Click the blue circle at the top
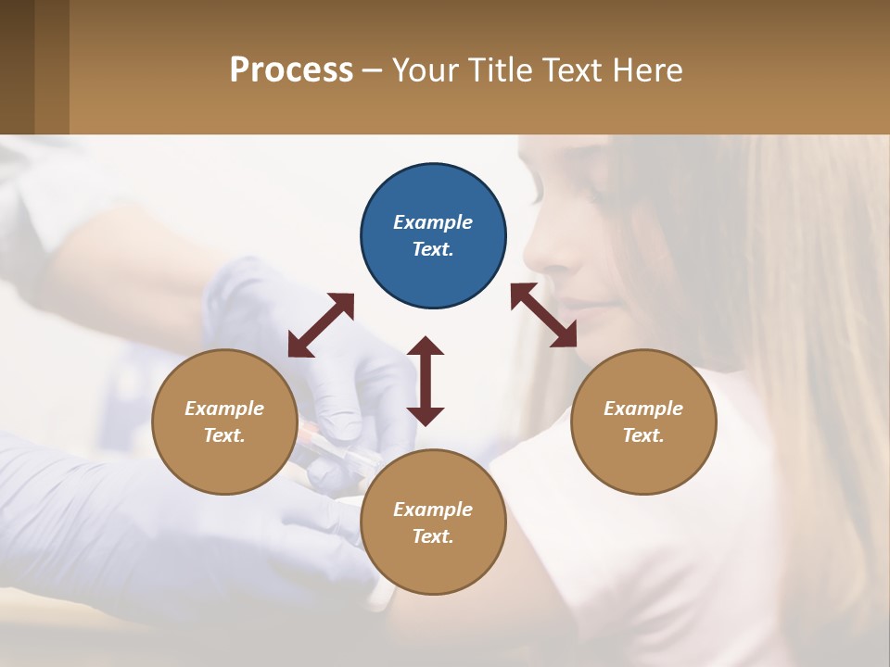(433, 235)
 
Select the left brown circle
(224, 422)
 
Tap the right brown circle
(643, 422)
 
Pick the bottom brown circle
(433, 522)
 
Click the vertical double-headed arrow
(426, 381)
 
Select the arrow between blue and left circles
(321, 325)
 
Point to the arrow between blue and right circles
(544, 315)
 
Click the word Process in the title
(291, 69)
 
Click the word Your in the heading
(426, 69)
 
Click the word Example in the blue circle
(433, 222)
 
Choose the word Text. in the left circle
(224, 435)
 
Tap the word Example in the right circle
(643, 409)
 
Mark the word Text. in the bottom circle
(433, 536)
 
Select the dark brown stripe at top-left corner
(17, 67)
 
